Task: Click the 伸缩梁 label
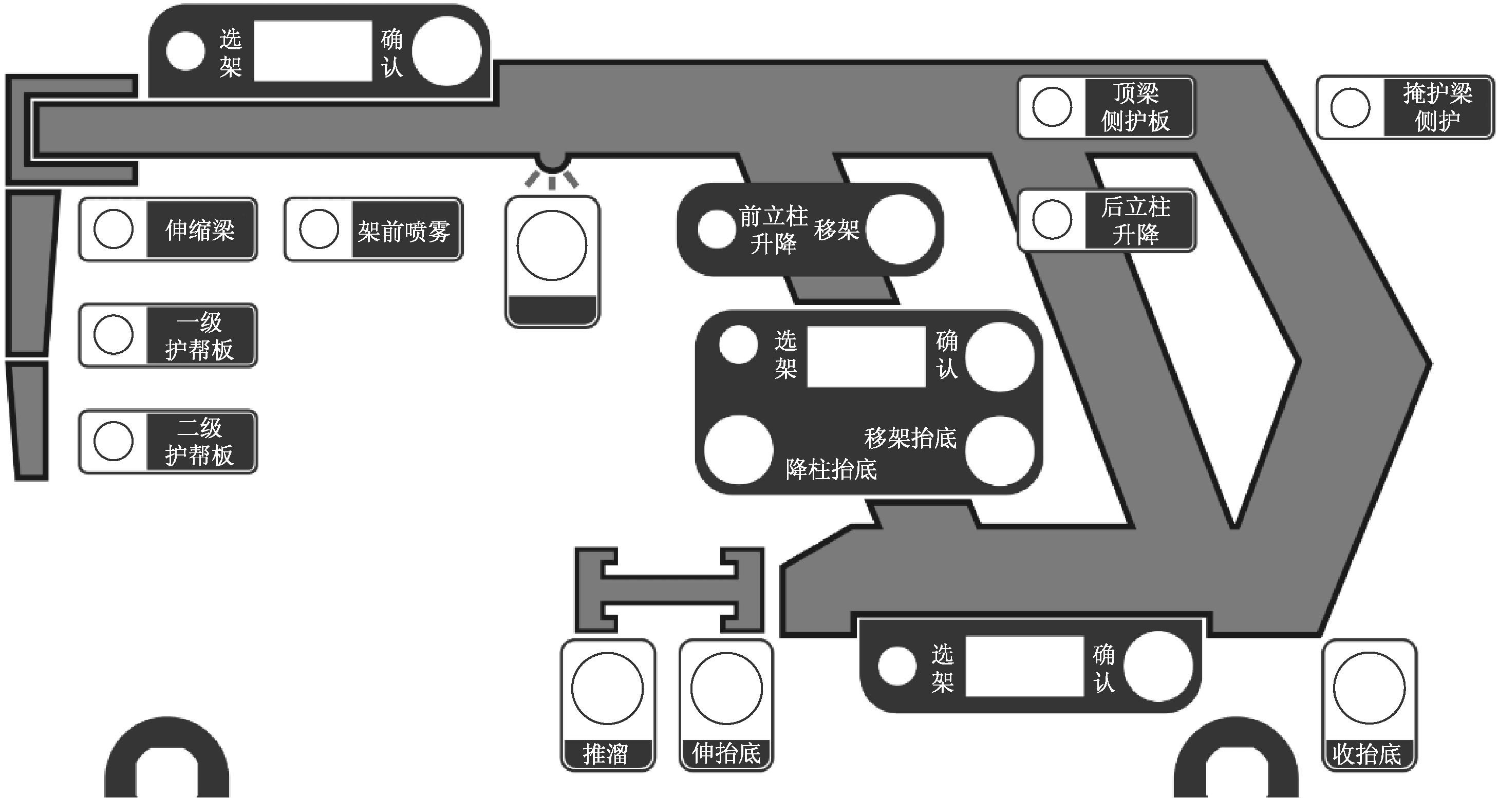pyautogui.click(x=200, y=230)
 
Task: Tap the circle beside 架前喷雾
pyautogui.click(x=319, y=229)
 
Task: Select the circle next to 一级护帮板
pyautogui.click(x=114, y=335)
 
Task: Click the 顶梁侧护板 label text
pyautogui.click(x=1135, y=107)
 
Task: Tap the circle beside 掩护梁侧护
pyautogui.click(x=1350, y=107)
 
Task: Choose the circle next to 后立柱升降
pyautogui.click(x=1052, y=220)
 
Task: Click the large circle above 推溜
pyautogui.click(x=607, y=688)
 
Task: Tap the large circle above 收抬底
pyautogui.click(x=1369, y=688)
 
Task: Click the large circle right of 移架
pyautogui.click(x=900, y=230)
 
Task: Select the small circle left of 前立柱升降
pyautogui.click(x=717, y=229)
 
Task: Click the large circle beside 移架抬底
pyautogui.click(x=1000, y=450)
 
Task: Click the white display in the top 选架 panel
pyautogui.click(x=313, y=51)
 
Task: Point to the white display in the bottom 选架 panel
pyautogui.click(x=1025, y=666)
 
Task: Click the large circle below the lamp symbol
pyautogui.click(x=552, y=246)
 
